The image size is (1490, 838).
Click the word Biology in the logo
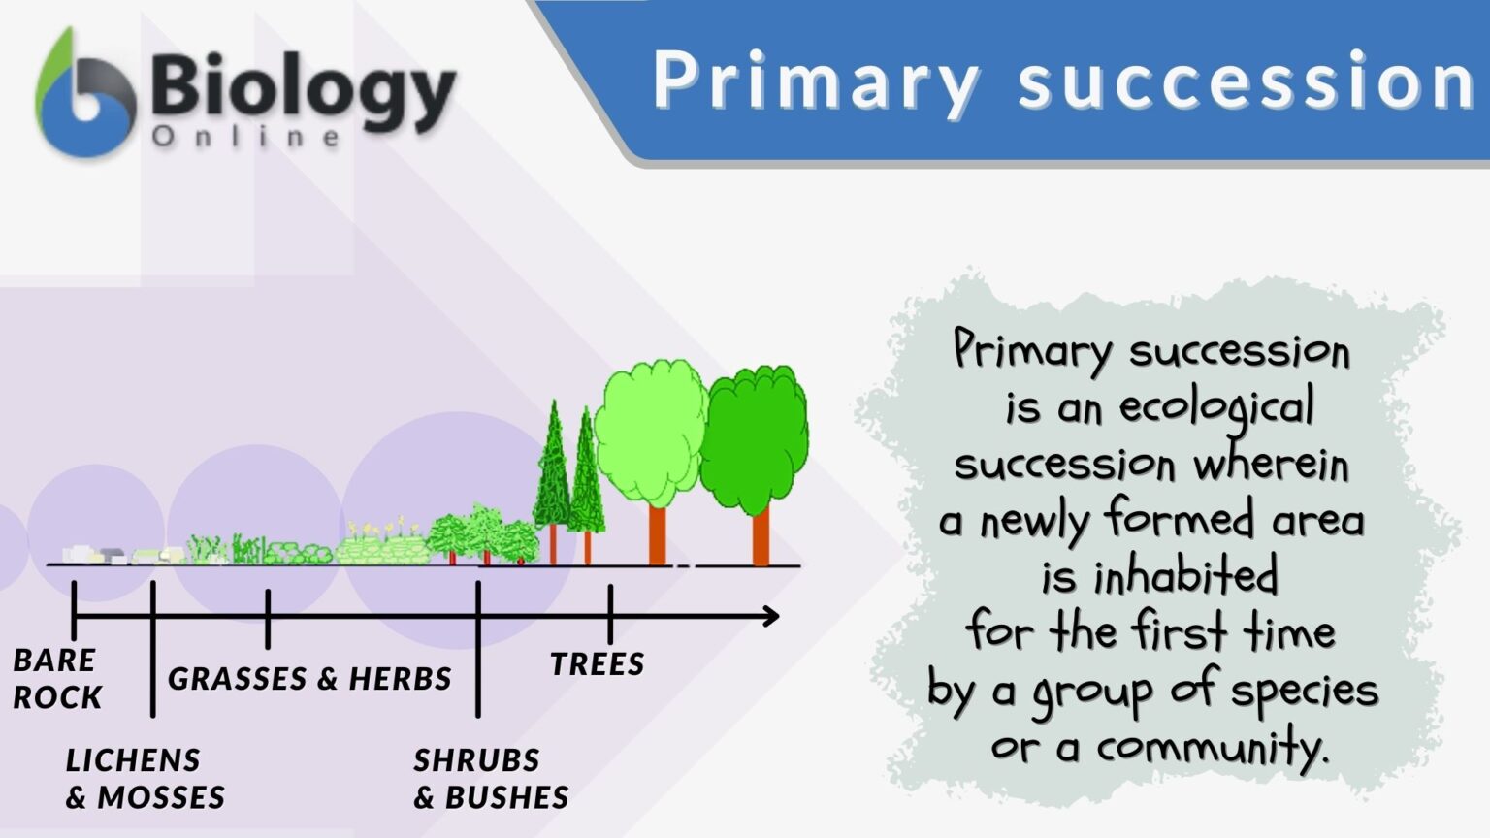(x=303, y=89)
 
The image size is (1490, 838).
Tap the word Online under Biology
(x=246, y=137)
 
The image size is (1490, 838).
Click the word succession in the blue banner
(x=1247, y=82)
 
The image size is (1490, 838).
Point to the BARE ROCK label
(x=56, y=678)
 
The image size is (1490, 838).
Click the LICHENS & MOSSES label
(x=145, y=778)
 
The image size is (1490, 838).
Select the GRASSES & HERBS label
(x=309, y=678)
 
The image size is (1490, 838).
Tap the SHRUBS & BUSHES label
(x=491, y=778)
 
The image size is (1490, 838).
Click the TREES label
(x=597, y=664)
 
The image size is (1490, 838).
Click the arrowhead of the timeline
(x=771, y=616)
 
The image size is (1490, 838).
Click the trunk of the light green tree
(x=657, y=535)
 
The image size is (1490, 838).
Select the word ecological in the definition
(x=1216, y=407)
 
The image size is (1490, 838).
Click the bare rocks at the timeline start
(x=97, y=555)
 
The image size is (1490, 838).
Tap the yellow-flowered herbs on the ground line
(x=383, y=543)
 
